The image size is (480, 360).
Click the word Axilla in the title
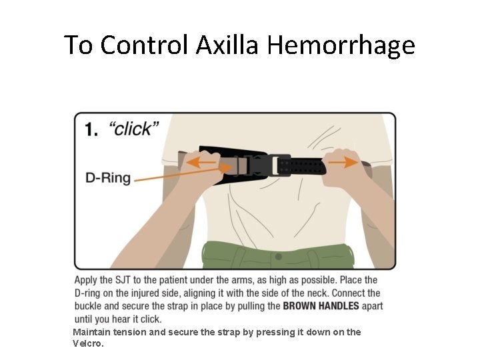click(227, 45)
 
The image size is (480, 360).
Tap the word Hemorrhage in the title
click(341, 46)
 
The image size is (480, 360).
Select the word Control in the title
click(144, 45)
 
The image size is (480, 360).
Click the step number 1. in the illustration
click(91, 129)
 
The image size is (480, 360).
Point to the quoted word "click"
click(134, 129)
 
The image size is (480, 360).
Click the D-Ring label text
click(108, 178)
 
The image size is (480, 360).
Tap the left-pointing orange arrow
click(201, 162)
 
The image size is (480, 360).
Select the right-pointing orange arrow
click(343, 162)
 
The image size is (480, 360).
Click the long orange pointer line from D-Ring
click(183, 173)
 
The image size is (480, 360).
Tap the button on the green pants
click(278, 257)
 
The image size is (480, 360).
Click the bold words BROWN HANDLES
click(321, 306)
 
